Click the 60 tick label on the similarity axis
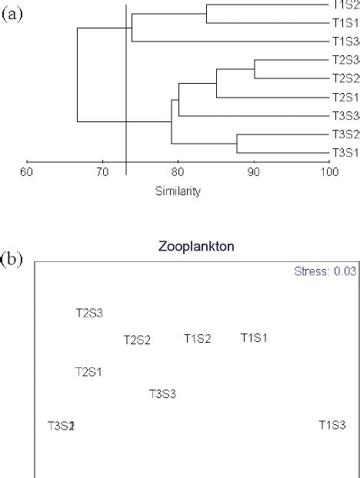pos(27,172)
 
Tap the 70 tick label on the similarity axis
pos(102,172)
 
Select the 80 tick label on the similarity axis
pos(178,172)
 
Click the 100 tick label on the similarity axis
pos(330,172)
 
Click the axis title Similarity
pos(178,191)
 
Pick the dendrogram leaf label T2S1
pos(345,98)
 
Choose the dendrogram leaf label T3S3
pos(345,116)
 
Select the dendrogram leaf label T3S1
pos(345,153)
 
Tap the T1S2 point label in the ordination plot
pos(197,338)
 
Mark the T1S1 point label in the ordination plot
pos(254,337)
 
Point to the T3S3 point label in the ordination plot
pos(163,394)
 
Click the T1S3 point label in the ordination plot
pos(332,424)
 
